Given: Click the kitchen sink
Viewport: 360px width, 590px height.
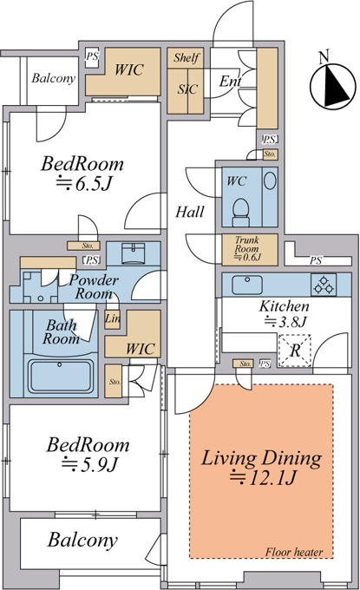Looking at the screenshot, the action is tap(247, 285).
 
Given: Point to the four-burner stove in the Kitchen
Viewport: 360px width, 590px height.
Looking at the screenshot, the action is tap(324, 285).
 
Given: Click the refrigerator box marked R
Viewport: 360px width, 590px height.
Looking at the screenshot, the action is tap(295, 351).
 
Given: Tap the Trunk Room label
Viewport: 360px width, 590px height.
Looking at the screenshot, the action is tap(247, 244).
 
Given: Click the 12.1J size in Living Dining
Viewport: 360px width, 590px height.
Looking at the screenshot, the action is tap(264, 478).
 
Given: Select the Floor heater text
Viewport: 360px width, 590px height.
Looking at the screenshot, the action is tap(294, 553).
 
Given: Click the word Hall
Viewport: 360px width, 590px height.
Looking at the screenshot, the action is tap(190, 212).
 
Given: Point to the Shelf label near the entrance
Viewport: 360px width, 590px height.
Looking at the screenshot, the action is tap(187, 57).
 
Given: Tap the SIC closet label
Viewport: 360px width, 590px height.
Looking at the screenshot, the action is tap(187, 89).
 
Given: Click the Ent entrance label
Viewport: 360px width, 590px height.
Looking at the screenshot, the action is tap(230, 81).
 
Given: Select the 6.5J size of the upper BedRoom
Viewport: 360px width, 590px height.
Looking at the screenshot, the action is tap(84, 183).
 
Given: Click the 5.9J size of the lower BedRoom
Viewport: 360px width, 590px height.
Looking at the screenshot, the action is tap(90, 464).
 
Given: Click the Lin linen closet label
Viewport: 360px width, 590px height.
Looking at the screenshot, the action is tap(113, 318).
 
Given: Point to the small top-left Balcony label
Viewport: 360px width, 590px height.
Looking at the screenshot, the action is tap(54, 78).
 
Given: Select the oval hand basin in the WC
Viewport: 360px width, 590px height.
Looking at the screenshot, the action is tap(270, 180).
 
